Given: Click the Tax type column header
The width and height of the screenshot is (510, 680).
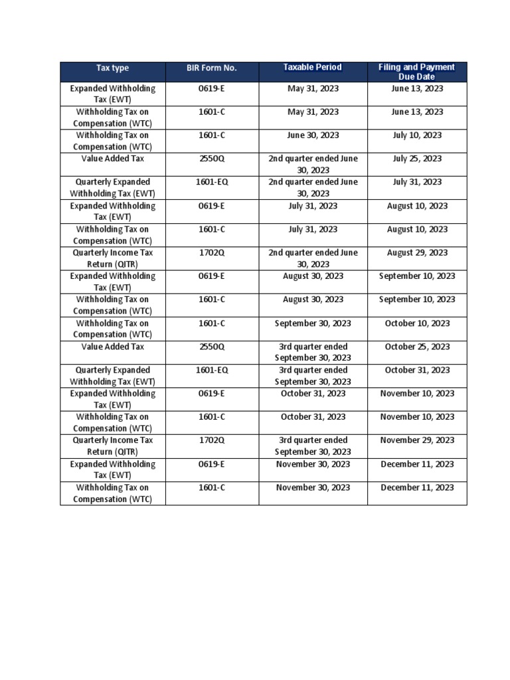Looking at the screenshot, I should [x=112, y=68].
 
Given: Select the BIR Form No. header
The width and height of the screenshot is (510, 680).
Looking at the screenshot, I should [x=212, y=68].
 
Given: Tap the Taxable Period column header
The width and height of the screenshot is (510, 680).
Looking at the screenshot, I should [x=313, y=67].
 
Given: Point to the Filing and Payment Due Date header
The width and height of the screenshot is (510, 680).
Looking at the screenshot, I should [x=416, y=72].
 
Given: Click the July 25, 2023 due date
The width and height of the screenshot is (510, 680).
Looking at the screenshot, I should [x=417, y=159].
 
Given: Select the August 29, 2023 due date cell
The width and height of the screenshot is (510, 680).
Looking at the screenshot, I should [x=417, y=252].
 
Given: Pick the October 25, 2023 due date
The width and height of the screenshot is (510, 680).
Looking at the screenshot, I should [x=417, y=347].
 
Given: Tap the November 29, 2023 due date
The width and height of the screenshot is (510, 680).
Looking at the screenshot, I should [x=417, y=440].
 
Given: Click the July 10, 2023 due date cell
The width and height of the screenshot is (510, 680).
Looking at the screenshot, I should [x=417, y=135].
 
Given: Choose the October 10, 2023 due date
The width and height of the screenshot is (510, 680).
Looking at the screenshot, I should [x=417, y=323].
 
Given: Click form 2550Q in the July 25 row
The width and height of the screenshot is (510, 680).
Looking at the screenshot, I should [x=212, y=159].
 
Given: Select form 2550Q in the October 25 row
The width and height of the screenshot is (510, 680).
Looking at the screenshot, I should [x=212, y=347].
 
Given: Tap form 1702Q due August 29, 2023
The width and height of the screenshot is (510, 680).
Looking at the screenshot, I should [x=212, y=252].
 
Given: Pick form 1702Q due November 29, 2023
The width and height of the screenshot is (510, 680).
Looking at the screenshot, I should [x=212, y=440].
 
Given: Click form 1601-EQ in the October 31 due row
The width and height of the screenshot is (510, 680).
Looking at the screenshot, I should [x=212, y=370].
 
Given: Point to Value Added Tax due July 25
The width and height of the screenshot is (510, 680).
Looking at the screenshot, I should [x=112, y=159].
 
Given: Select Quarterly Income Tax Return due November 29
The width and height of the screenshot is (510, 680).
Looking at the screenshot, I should [x=112, y=446].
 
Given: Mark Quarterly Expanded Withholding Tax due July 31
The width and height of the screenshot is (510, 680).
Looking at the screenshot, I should [x=112, y=187].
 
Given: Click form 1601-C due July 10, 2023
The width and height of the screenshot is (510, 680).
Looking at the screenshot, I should [x=212, y=135].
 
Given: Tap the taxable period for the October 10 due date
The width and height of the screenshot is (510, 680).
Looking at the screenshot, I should [x=313, y=323].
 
